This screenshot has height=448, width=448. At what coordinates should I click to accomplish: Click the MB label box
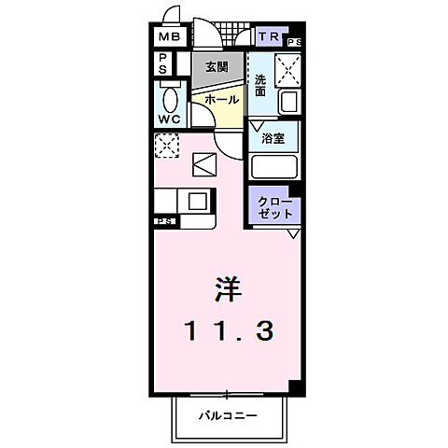click(169, 37)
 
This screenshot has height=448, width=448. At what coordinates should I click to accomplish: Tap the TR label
click(269, 37)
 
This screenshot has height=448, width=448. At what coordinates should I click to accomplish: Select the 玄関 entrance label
click(216, 66)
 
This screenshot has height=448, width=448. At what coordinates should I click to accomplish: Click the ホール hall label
click(220, 99)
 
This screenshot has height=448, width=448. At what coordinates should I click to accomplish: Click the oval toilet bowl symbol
click(169, 99)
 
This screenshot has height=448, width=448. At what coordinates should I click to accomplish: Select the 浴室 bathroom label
click(273, 138)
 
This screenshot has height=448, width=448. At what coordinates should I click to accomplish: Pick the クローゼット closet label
click(274, 205)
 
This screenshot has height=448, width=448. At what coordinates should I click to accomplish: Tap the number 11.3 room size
click(229, 329)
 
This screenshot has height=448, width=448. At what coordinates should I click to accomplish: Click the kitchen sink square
click(198, 200)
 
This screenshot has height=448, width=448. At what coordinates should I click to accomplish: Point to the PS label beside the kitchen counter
click(165, 221)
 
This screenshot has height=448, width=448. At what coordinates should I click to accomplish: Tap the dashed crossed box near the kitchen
click(167, 146)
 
